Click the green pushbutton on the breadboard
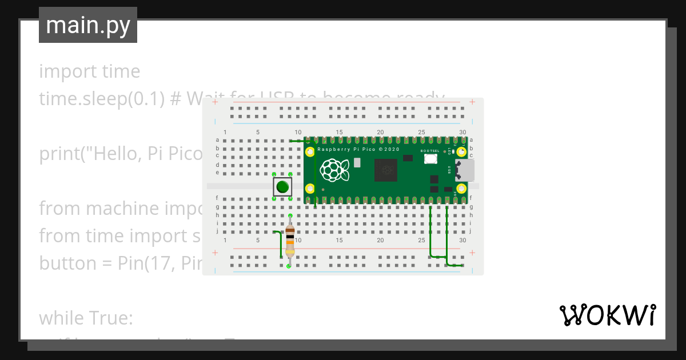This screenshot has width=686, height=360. point(282,186)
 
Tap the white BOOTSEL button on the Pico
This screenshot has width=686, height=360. point(430,158)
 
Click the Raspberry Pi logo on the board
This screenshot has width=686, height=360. point(334,170)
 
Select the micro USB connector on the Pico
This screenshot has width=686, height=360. point(464,170)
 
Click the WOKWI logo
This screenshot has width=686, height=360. point(607,315)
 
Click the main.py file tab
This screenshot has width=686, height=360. point(88,25)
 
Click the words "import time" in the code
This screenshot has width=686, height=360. point(90,71)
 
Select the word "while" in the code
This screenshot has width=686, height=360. point(61,318)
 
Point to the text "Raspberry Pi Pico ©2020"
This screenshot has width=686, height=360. point(358,149)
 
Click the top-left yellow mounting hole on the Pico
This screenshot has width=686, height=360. point(310,153)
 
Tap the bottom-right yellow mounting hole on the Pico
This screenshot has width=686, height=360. point(461,188)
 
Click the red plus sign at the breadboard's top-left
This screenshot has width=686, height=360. point(215,102)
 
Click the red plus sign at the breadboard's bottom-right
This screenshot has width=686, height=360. point(472,253)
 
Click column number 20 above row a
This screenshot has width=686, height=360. point(380,133)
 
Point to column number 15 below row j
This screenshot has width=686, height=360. point(339,240)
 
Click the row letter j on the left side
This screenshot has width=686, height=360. point(217,231)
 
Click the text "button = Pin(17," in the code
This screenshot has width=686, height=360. point(109,263)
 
